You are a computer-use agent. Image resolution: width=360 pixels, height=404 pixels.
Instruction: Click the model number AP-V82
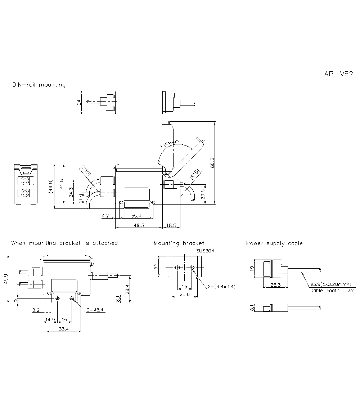point(338,74)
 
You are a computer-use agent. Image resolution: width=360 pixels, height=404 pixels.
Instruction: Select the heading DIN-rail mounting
point(39,85)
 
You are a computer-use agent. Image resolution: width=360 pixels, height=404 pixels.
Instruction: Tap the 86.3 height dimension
point(212,162)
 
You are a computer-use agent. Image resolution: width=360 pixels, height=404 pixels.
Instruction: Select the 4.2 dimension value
point(105,216)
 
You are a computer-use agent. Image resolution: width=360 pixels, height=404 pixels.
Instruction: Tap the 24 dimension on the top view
point(79,103)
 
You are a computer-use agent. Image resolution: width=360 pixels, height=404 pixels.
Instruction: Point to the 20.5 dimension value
point(203,194)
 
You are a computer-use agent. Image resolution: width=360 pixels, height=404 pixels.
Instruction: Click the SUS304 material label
point(205,251)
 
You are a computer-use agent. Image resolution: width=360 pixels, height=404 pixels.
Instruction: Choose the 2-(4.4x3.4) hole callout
point(221,287)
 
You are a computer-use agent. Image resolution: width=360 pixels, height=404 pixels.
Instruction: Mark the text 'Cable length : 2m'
point(332,290)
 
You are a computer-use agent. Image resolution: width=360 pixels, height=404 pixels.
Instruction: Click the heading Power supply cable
point(274,243)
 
